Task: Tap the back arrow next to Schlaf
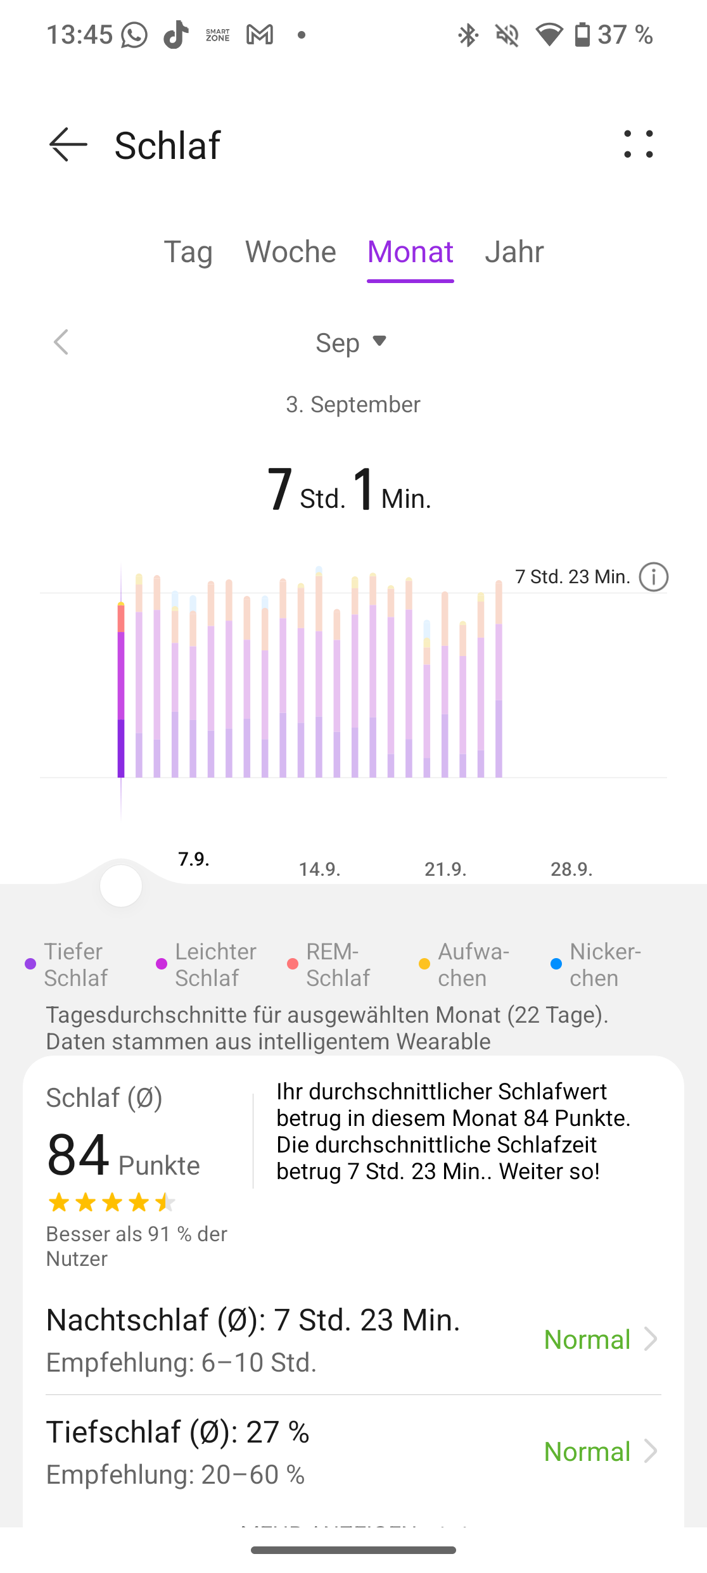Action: pos(68,145)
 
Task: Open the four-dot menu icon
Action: pos(638,144)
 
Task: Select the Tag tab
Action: pos(188,252)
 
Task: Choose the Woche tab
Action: pos(291,252)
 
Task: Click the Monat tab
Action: pos(411,252)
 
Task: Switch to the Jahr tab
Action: pos(514,252)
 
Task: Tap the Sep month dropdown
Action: pos(351,343)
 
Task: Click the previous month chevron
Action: pos(61,343)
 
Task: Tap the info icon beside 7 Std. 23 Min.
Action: pos(653,577)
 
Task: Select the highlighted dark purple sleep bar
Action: pos(121,690)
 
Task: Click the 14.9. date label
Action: pos(319,869)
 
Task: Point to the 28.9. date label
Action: pos(571,869)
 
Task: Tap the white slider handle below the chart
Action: pos(121,885)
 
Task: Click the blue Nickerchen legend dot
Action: pos(556,964)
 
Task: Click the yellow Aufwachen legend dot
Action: pos(424,964)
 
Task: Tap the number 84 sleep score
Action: pos(78,1155)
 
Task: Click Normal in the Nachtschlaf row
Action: pos(587,1339)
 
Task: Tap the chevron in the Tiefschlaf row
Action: pos(650,1451)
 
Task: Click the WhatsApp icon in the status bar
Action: pos(134,35)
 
